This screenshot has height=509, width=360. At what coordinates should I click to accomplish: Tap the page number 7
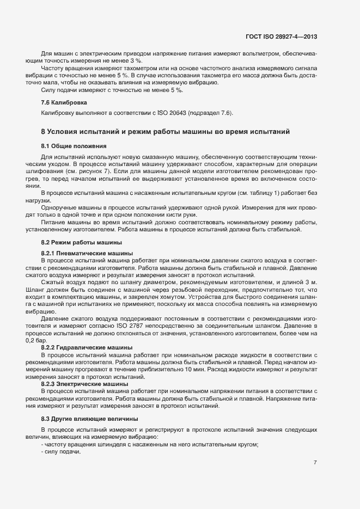315,462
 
